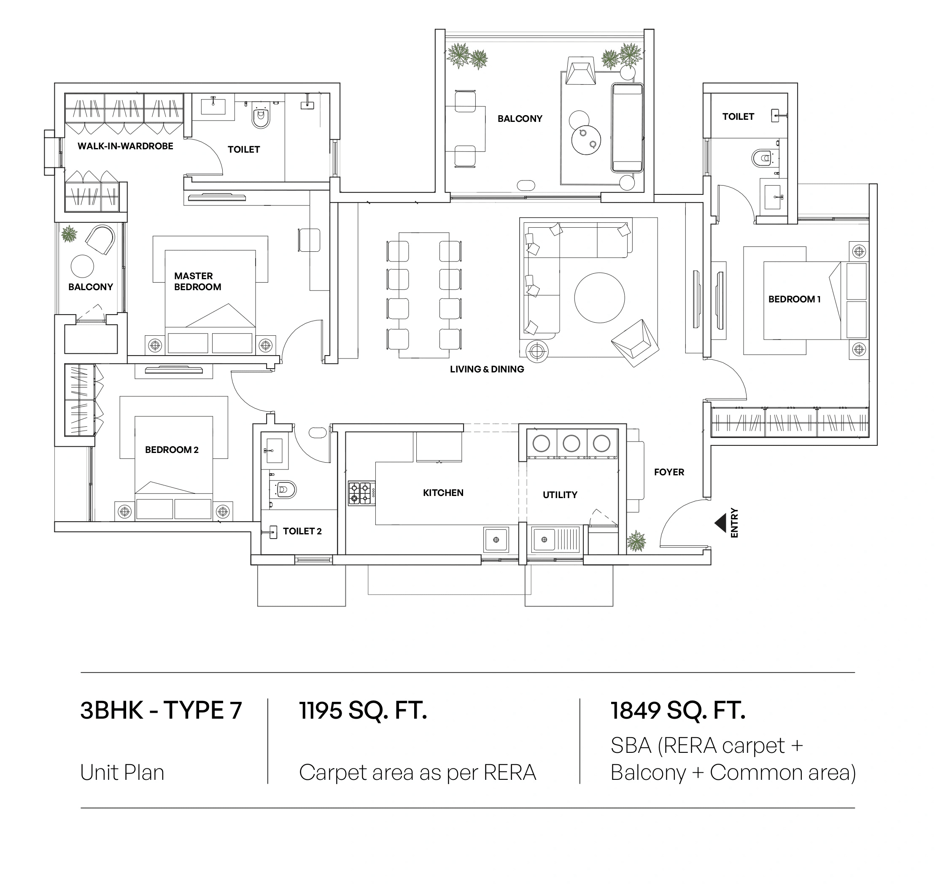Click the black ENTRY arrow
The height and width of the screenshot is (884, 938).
tap(720, 523)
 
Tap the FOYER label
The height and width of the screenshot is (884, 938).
tap(668, 472)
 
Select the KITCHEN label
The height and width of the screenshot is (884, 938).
tap(442, 493)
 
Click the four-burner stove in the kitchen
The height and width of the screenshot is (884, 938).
tap(361, 493)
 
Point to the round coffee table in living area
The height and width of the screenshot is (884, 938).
tap(599, 298)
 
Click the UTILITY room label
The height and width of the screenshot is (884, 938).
tap(560, 495)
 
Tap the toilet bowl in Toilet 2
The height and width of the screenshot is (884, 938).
tap(285, 490)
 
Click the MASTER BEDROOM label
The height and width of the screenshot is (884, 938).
tap(197, 282)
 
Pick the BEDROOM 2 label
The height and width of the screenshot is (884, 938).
tap(171, 450)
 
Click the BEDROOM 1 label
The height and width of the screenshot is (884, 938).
tap(794, 299)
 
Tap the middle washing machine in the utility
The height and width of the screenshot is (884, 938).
tap(571, 443)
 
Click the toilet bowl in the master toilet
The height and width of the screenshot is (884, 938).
tap(261, 117)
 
